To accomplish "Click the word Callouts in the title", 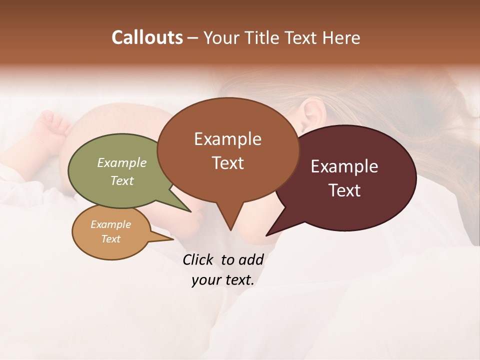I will click(147, 37).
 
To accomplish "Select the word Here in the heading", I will click(342, 37).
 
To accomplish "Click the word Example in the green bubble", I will click(121, 162).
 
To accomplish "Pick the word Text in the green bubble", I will click(121, 180).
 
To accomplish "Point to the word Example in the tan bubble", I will click(110, 224).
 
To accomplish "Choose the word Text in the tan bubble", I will click(110, 239).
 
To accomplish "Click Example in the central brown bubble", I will click(227, 138).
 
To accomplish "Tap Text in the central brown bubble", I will click(227, 162).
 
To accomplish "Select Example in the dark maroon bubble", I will click(344, 166).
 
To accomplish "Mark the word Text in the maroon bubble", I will click(344, 190).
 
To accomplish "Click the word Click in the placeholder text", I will click(198, 259).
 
